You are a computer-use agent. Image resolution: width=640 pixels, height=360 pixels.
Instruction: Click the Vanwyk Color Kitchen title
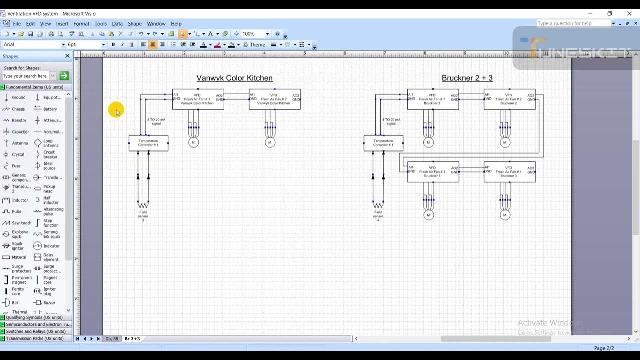tap(234, 78)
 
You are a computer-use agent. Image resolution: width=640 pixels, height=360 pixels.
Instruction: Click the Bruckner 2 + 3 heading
tap(467, 78)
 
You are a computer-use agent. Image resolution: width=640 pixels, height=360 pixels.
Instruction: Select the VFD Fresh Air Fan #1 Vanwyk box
tap(198, 99)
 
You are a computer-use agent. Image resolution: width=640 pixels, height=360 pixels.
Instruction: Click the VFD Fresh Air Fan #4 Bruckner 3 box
tap(509, 172)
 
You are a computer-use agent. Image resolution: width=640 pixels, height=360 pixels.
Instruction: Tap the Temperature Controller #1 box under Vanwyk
tap(148, 143)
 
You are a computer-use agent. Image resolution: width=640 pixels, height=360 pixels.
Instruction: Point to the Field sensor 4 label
tap(378, 216)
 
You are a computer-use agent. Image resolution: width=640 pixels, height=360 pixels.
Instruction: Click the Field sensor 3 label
tap(143, 216)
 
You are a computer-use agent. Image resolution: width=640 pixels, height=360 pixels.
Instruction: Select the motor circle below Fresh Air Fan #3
tap(428, 215)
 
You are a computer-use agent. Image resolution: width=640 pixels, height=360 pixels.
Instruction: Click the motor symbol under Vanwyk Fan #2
tap(270, 143)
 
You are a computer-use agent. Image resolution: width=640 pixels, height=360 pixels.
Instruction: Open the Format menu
tap(81, 24)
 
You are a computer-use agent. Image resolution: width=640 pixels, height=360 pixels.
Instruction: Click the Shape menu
tap(135, 24)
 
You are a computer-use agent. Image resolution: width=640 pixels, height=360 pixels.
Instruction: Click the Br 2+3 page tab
tap(132, 339)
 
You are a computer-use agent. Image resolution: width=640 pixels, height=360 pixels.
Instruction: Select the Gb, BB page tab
tap(112, 339)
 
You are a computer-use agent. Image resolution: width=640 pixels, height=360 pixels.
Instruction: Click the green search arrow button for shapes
tap(64, 76)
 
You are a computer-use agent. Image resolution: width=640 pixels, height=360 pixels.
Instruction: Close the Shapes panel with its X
tap(67, 56)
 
